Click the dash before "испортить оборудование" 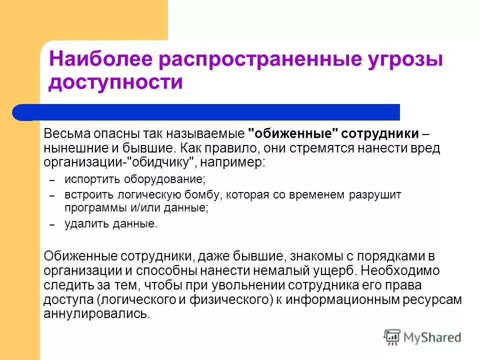click(51, 179)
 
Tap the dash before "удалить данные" click(51, 224)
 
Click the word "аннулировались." click(96, 314)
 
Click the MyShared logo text click(432, 337)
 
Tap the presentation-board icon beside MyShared click(392, 337)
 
